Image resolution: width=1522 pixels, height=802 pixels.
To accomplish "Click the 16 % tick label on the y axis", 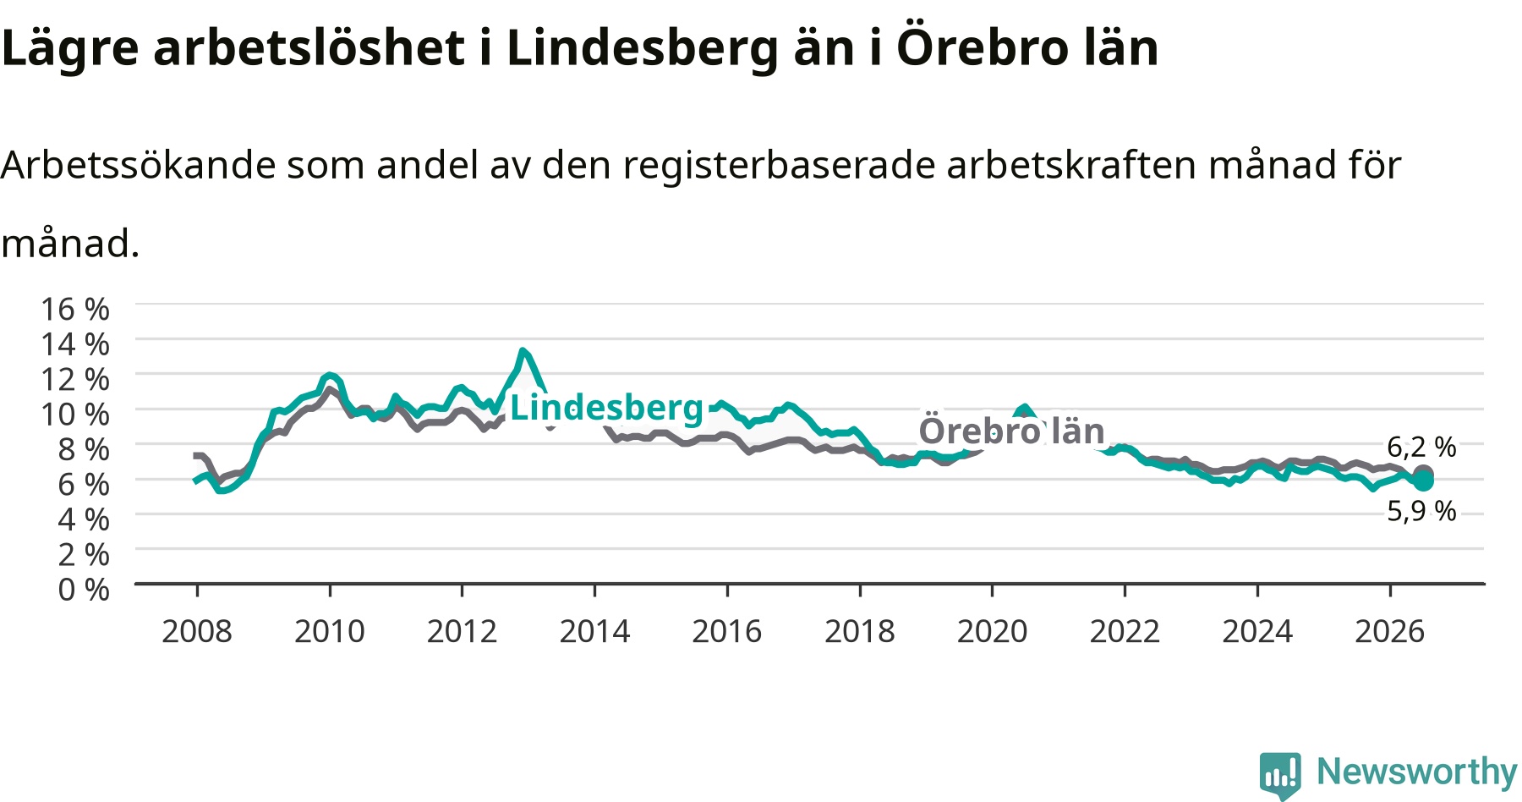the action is coord(75,309).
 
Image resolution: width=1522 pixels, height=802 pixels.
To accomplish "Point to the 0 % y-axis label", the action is coord(84,589).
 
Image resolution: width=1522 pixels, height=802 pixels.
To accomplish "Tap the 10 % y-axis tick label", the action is coord(75,414).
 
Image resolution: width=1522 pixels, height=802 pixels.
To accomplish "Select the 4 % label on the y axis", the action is coord(84,519).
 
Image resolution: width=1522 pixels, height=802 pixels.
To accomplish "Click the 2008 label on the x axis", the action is coord(197,631).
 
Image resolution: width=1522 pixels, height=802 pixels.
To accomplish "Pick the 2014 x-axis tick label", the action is coord(594,631).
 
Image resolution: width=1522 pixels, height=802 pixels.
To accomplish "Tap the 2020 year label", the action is coord(992,631).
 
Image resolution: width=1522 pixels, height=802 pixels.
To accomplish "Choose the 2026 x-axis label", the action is coord(1390,631).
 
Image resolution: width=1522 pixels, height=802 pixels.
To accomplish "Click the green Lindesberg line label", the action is coord(606,408).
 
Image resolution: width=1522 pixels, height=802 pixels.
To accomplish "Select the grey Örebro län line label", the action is coord(1011,431).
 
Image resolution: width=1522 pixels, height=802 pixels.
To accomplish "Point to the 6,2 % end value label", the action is coord(1421,447).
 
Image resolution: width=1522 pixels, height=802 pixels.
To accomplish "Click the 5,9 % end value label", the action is coord(1421,511).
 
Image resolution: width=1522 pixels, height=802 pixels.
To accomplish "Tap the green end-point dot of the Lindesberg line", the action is coord(1424,481).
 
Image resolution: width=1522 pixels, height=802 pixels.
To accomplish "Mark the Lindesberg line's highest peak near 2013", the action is coord(523,350).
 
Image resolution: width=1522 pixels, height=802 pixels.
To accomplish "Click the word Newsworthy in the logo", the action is coord(1417,772).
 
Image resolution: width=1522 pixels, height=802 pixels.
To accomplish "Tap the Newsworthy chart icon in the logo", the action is coord(1280,774).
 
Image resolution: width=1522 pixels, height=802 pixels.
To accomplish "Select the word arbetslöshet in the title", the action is coord(309,47).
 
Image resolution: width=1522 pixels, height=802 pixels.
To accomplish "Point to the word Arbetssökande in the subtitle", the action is coord(138,164).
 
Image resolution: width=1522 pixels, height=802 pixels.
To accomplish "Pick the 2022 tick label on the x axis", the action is coord(1125,631).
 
